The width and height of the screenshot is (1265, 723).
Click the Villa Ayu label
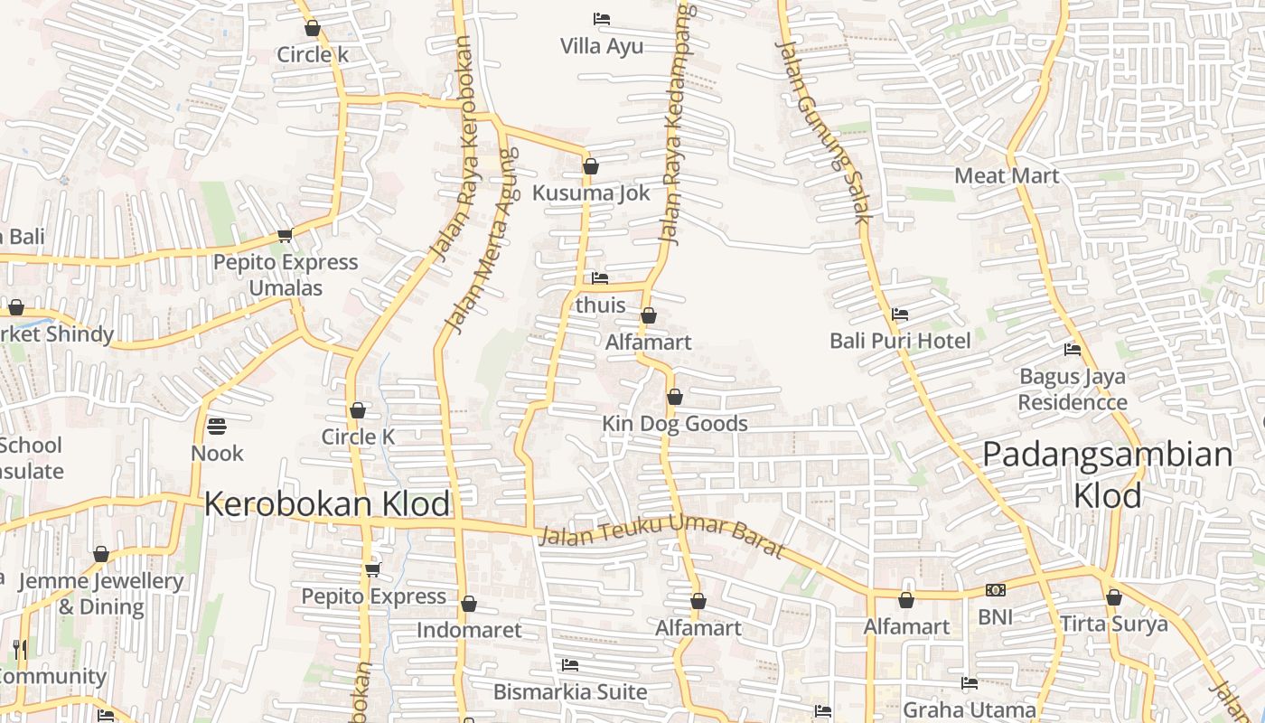(602, 46)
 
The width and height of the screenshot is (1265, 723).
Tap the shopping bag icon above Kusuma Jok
(590, 166)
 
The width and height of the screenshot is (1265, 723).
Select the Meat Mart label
(1007, 175)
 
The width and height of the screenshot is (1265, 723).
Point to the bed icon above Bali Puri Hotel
(899, 315)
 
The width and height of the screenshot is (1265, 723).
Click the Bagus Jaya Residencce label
(1073, 390)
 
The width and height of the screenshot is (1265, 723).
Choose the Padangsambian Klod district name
(1107, 474)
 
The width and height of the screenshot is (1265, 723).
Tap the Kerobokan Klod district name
(326, 503)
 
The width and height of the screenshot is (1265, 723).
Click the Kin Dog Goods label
(675, 424)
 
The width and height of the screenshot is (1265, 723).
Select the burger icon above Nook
(217, 425)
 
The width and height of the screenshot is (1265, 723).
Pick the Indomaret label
(469, 630)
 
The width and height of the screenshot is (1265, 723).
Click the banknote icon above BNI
(995, 590)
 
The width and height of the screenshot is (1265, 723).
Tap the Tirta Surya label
(1113, 624)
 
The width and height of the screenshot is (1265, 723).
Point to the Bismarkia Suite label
(569, 692)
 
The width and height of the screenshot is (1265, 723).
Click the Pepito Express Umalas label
(286, 275)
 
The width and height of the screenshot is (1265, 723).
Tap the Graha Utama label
(969, 709)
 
